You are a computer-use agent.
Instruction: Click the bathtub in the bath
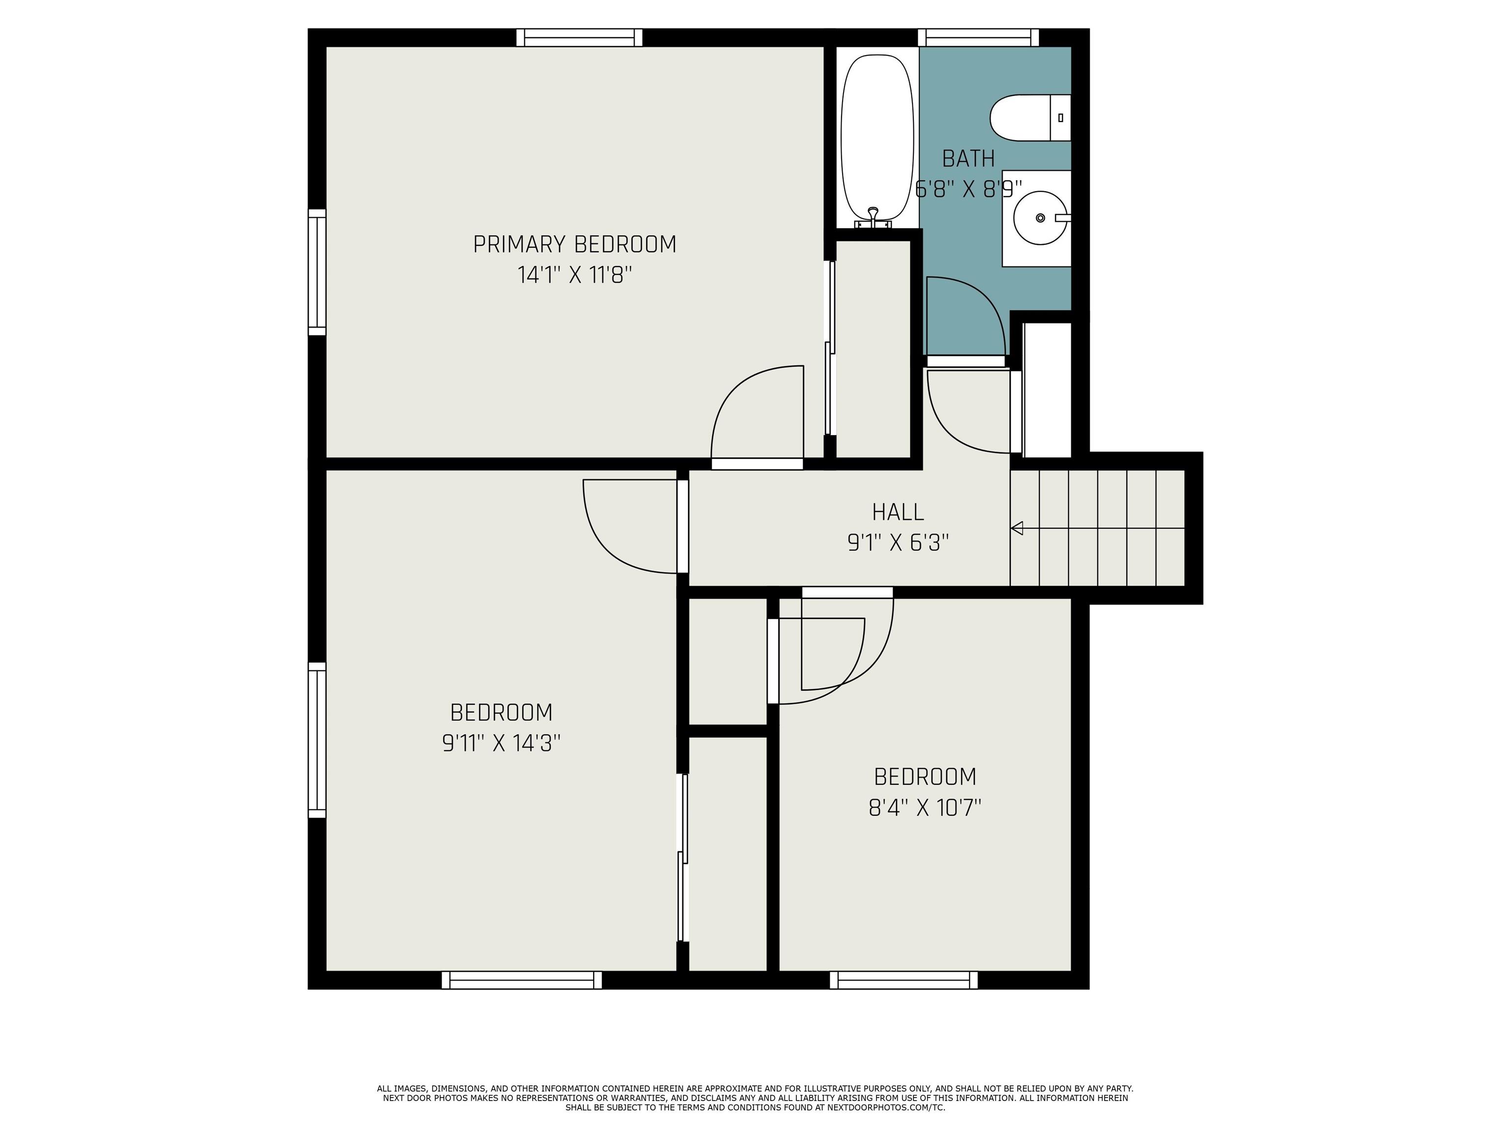877,137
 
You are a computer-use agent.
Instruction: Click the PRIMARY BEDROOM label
574,244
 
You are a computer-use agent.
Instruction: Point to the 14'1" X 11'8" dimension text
574,275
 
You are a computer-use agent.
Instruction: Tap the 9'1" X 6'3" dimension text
898,543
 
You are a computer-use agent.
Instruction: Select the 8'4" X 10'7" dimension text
924,808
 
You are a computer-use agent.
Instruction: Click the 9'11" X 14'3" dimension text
501,743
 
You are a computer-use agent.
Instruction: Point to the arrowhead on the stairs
1017,528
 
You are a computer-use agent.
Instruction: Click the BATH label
968,158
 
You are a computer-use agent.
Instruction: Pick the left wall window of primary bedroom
317,272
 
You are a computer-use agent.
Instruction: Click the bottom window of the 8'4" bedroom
903,980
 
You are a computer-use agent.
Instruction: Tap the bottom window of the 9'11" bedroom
521,980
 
